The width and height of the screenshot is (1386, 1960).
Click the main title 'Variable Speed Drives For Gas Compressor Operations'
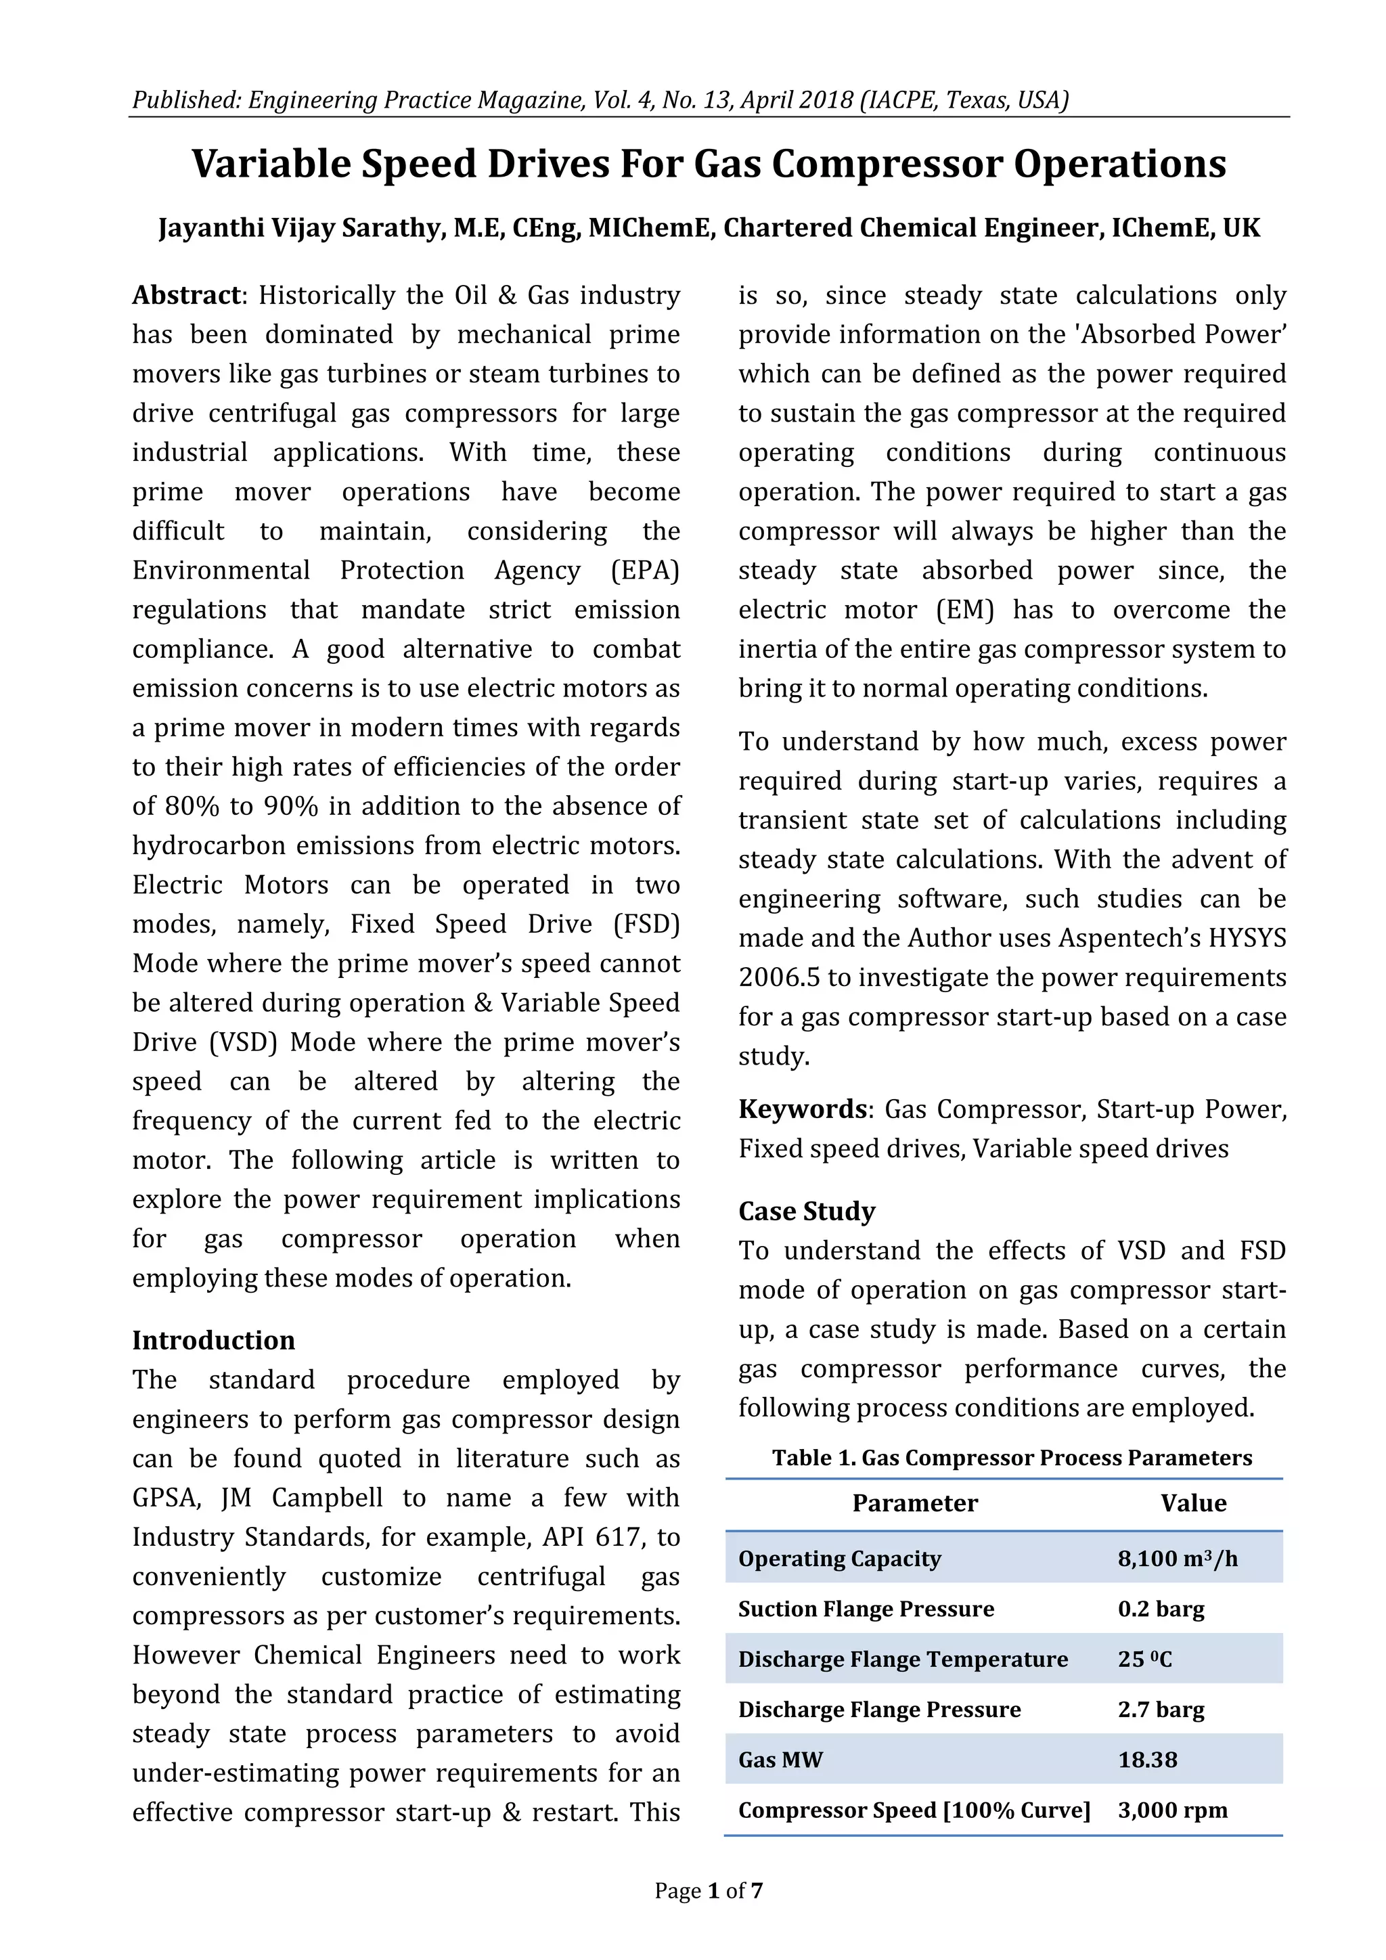709,164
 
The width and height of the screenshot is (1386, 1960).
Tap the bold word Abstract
186,295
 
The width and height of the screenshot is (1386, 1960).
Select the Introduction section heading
213,1339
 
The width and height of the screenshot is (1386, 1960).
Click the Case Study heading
807,1211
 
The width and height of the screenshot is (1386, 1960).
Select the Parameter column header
915,1502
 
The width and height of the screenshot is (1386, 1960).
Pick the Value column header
1193,1502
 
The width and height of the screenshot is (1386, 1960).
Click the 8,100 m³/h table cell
1178,1558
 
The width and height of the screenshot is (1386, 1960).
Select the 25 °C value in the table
1144,1659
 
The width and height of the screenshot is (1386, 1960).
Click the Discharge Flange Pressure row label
879,1709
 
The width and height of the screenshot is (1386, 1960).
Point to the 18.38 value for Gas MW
1147,1760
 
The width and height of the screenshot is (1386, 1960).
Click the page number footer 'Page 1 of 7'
709,1891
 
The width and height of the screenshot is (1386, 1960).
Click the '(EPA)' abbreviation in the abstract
645,571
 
